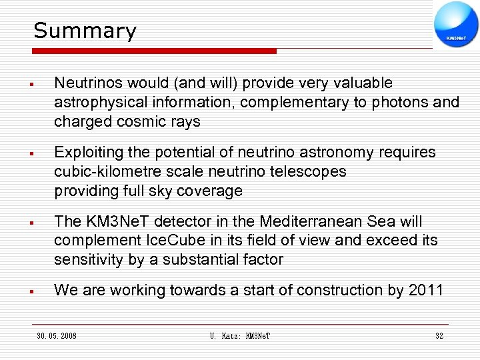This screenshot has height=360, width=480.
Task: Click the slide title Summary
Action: coord(85,31)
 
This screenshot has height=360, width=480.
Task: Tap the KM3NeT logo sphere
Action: coord(456,24)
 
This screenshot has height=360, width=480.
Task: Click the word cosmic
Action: coord(141,122)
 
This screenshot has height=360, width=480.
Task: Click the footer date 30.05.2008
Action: coord(57,336)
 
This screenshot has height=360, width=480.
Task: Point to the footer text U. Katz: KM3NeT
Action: coord(239,336)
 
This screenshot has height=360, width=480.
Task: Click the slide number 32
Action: coord(439,336)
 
